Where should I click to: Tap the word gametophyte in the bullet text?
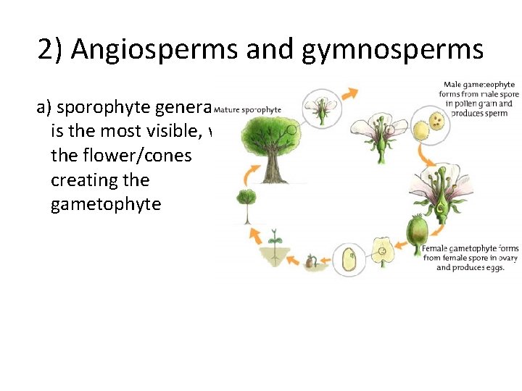(106, 204)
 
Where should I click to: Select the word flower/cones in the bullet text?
(121, 156)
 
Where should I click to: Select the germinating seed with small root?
(310, 260)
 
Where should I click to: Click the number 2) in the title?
(51, 49)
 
